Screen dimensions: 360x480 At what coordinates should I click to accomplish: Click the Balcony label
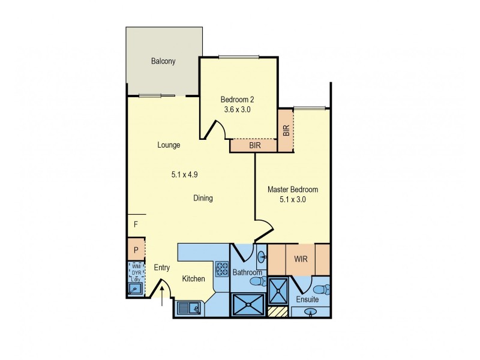pyautogui.click(x=163, y=61)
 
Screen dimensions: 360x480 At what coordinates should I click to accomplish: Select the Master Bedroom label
pyautogui.click(x=292, y=190)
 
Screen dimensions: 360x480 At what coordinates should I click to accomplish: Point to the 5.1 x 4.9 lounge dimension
pyautogui.click(x=185, y=175)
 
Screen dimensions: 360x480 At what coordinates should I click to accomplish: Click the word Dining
pyautogui.click(x=203, y=198)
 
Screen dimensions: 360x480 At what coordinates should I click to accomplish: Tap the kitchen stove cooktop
pyautogui.click(x=221, y=266)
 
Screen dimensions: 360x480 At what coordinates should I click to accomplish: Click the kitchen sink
pyautogui.click(x=190, y=308)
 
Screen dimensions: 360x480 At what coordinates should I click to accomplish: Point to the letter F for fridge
pyautogui.click(x=136, y=224)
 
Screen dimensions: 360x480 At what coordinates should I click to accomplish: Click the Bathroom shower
pyautogui.click(x=247, y=303)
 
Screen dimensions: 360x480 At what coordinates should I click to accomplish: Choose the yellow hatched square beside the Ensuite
pyautogui.click(x=277, y=311)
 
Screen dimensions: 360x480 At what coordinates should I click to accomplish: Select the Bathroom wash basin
pyautogui.click(x=262, y=259)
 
